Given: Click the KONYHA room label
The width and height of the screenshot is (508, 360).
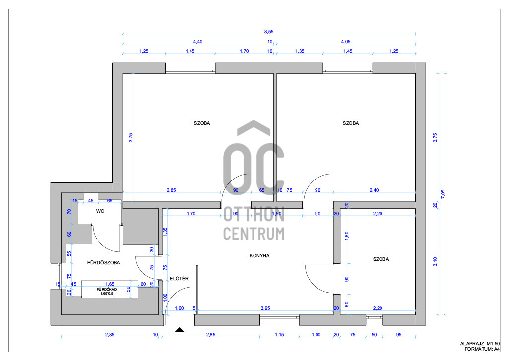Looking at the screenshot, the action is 259,256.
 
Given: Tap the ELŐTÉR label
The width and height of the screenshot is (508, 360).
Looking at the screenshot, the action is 179,278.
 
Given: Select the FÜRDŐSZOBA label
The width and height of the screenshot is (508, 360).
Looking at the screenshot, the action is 103,262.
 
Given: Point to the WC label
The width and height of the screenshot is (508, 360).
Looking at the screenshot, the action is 100,211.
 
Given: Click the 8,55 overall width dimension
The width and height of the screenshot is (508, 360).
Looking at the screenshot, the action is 268,32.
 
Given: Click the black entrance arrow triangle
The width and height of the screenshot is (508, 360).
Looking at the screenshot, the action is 180,330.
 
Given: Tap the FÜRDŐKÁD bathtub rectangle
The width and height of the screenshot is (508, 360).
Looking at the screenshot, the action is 110,289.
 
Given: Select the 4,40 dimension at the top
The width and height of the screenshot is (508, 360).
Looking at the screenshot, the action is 197,42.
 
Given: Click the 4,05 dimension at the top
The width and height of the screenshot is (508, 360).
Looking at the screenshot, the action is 346,42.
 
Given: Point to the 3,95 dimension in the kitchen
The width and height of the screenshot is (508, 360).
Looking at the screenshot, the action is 265,308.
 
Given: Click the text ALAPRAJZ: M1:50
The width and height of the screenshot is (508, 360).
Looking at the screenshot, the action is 480,344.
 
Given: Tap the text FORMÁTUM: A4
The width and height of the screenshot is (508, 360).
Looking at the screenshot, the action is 482,349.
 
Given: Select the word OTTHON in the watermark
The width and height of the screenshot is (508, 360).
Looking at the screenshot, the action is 254,214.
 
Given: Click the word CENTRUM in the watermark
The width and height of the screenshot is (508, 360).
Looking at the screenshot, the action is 254,234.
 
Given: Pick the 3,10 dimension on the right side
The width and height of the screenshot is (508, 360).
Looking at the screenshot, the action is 435,262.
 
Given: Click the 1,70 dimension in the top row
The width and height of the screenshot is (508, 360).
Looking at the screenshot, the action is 244,51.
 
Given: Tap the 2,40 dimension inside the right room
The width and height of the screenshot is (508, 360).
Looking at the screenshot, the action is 374,190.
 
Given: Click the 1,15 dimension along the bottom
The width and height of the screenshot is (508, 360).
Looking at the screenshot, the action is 279,334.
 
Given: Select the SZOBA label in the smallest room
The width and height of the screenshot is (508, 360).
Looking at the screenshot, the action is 381,259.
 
